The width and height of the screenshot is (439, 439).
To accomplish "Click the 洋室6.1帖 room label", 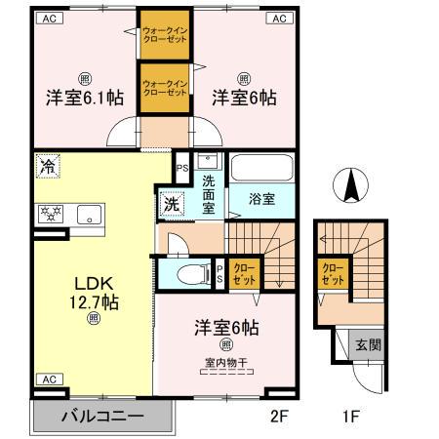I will [82, 97].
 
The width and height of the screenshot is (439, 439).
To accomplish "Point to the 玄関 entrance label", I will [368, 344].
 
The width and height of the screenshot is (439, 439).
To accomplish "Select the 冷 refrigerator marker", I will [47, 167].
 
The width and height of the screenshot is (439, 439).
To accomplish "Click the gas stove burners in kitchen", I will [50, 214].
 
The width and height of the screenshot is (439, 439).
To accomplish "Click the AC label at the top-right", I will [278, 18].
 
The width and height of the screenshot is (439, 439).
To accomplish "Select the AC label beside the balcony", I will [47, 379].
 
